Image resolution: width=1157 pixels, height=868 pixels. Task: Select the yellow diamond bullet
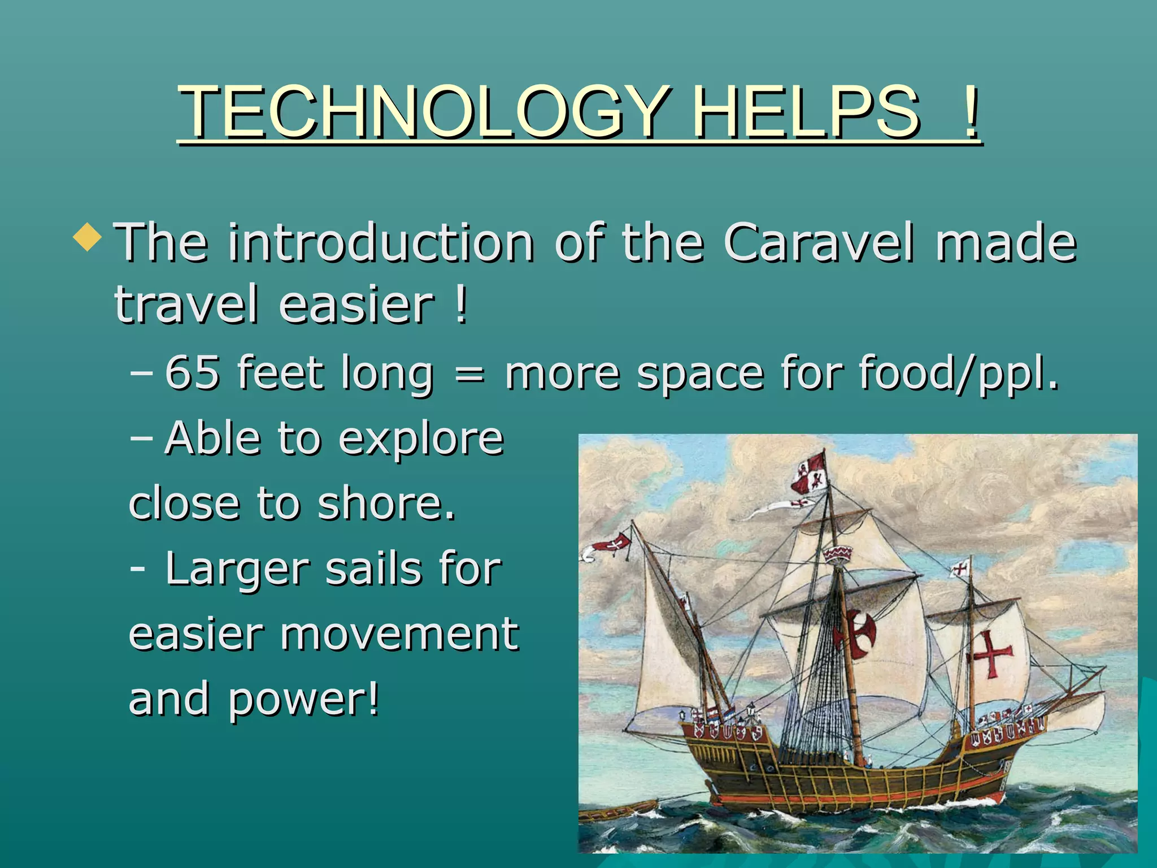(88, 237)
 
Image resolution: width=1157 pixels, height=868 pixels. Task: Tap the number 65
(192, 372)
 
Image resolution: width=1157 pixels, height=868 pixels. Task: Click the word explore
(421, 439)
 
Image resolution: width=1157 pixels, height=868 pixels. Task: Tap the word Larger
(238, 570)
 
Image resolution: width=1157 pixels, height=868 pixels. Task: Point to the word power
(303, 700)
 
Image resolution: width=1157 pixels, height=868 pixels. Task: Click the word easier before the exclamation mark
(356, 305)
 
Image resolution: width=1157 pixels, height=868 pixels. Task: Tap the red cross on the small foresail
(990, 654)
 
